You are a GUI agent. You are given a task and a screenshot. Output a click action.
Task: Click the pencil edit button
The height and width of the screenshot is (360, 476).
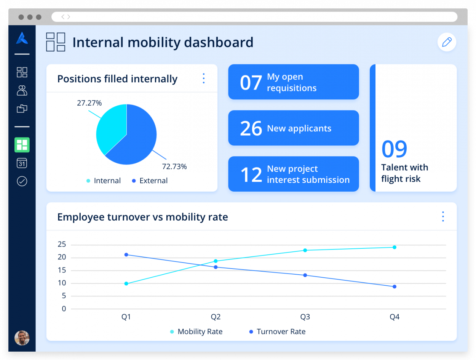click(x=447, y=42)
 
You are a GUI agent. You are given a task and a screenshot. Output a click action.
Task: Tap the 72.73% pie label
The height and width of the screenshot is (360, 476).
click(x=174, y=166)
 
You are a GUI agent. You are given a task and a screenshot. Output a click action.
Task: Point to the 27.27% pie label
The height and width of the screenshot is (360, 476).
click(x=89, y=103)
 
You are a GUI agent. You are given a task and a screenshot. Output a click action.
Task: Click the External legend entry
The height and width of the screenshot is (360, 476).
click(x=150, y=181)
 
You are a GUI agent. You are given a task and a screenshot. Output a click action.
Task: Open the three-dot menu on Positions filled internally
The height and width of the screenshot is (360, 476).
click(x=204, y=78)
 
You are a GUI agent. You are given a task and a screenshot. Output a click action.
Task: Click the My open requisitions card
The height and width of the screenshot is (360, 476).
click(x=293, y=82)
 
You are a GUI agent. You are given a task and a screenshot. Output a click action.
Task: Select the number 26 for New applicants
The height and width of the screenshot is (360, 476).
click(x=251, y=128)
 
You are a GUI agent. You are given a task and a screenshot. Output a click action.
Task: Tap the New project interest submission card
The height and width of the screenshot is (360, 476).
click(x=293, y=174)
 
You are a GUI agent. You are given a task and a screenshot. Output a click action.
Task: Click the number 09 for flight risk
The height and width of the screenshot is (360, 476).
click(x=394, y=149)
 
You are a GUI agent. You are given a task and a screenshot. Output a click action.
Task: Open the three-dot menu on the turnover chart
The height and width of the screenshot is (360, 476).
click(x=443, y=216)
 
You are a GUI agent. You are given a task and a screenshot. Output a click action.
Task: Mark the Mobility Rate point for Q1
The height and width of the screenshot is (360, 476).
click(x=126, y=283)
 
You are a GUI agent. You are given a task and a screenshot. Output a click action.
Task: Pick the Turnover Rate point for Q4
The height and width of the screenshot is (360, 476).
click(x=395, y=286)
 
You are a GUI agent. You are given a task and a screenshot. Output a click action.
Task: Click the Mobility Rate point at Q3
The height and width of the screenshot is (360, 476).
click(x=305, y=250)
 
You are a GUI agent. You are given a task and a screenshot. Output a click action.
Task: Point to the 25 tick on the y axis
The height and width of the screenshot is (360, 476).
click(x=62, y=245)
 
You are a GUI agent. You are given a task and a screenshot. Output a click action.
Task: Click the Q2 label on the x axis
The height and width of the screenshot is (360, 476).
click(x=216, y=317)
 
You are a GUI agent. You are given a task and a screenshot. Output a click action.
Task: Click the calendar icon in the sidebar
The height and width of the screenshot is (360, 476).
click(x=22, y=163)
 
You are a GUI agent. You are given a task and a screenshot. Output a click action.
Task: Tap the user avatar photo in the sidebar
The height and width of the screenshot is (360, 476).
click(x=22, y=338)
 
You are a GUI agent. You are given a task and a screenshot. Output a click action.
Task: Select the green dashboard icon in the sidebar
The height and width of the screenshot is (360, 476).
click(x=22, y=145)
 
